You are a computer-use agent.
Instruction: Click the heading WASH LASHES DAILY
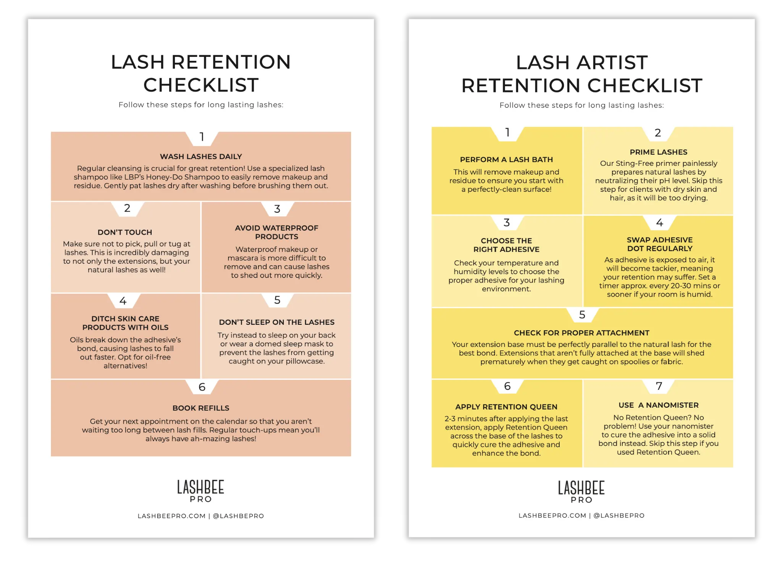201,156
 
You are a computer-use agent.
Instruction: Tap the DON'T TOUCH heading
125,232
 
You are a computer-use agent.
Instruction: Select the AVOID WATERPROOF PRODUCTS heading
276,232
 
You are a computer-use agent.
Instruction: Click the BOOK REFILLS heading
201,408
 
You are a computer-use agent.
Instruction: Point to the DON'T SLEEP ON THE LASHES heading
276,322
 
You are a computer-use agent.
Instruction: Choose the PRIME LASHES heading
658,152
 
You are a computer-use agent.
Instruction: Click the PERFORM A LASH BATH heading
506,159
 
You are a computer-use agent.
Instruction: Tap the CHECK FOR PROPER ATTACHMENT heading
582,333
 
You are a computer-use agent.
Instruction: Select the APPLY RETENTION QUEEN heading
506,407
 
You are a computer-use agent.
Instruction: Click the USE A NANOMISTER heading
658,405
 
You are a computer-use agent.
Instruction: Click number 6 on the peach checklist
202,387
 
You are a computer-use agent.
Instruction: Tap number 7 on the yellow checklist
659,386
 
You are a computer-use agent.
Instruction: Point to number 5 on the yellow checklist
582,315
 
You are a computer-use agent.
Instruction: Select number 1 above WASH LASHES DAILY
202,137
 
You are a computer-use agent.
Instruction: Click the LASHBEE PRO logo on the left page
200,491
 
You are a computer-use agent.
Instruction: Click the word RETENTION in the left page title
231,62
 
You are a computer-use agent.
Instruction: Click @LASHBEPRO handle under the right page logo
619,516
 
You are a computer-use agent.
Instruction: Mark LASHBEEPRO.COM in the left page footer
171,516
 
